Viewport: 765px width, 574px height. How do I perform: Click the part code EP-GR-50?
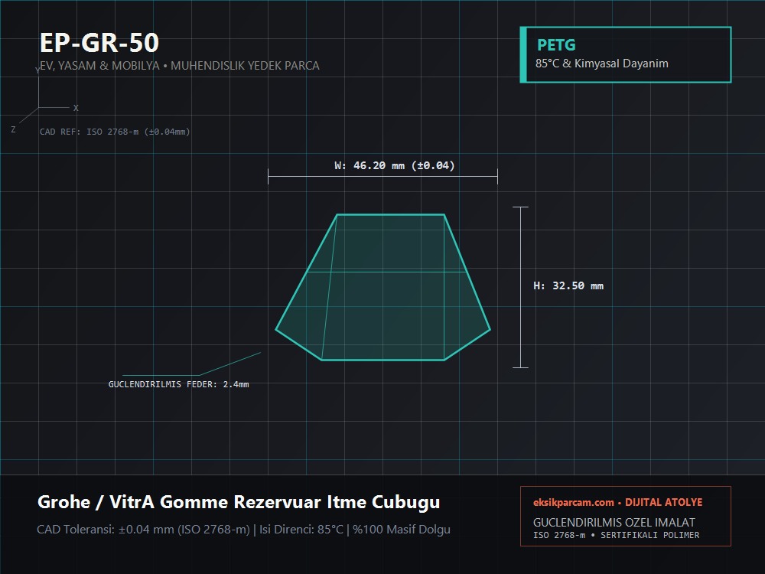pyautogui.click(x=99, y=42)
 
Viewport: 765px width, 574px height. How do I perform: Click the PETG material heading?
pyautogui.click(x=556, y=45)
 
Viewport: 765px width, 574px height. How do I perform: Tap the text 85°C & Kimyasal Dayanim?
pyautogui.click(x=601, y=64)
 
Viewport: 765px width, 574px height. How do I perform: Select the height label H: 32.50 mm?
pyautogui.click(x=568, y=286)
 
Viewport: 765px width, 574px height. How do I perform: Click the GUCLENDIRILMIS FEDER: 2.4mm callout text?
pyautogui.click(x=178, y=385)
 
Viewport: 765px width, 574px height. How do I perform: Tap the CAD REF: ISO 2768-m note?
pyautogui.click(x=115, y=132)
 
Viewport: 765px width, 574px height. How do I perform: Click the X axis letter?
pyautogui.click(x=76, y=108)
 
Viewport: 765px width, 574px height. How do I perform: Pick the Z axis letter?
pyautogui.click(x=13, y=129)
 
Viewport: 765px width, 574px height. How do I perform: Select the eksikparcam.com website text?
pyautogui.click(x=573, y=503)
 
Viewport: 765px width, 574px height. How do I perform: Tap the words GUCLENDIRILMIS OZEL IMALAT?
pyautogui.click(x=614, y=522)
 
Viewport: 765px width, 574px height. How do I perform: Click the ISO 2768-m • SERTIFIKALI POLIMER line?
pyautogui.click(x=616, y=535)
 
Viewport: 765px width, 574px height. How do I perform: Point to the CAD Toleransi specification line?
pyautogui.click(x=243, y=530)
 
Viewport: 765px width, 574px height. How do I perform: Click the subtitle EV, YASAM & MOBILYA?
pyautogui.click(x=99, y=66)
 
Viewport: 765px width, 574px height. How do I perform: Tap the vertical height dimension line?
pyautogui.click(x=520, y=288)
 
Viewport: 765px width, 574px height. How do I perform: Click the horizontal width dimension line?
pyautogui.click(x=383, y=176)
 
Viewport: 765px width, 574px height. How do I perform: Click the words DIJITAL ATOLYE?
pyautogui.click(x=664, y=503)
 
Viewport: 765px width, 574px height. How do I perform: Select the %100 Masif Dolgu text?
pyautogui.click(x=402, y=530)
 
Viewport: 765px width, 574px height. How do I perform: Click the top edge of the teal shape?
pyautogui.click(x=391, y=214)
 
